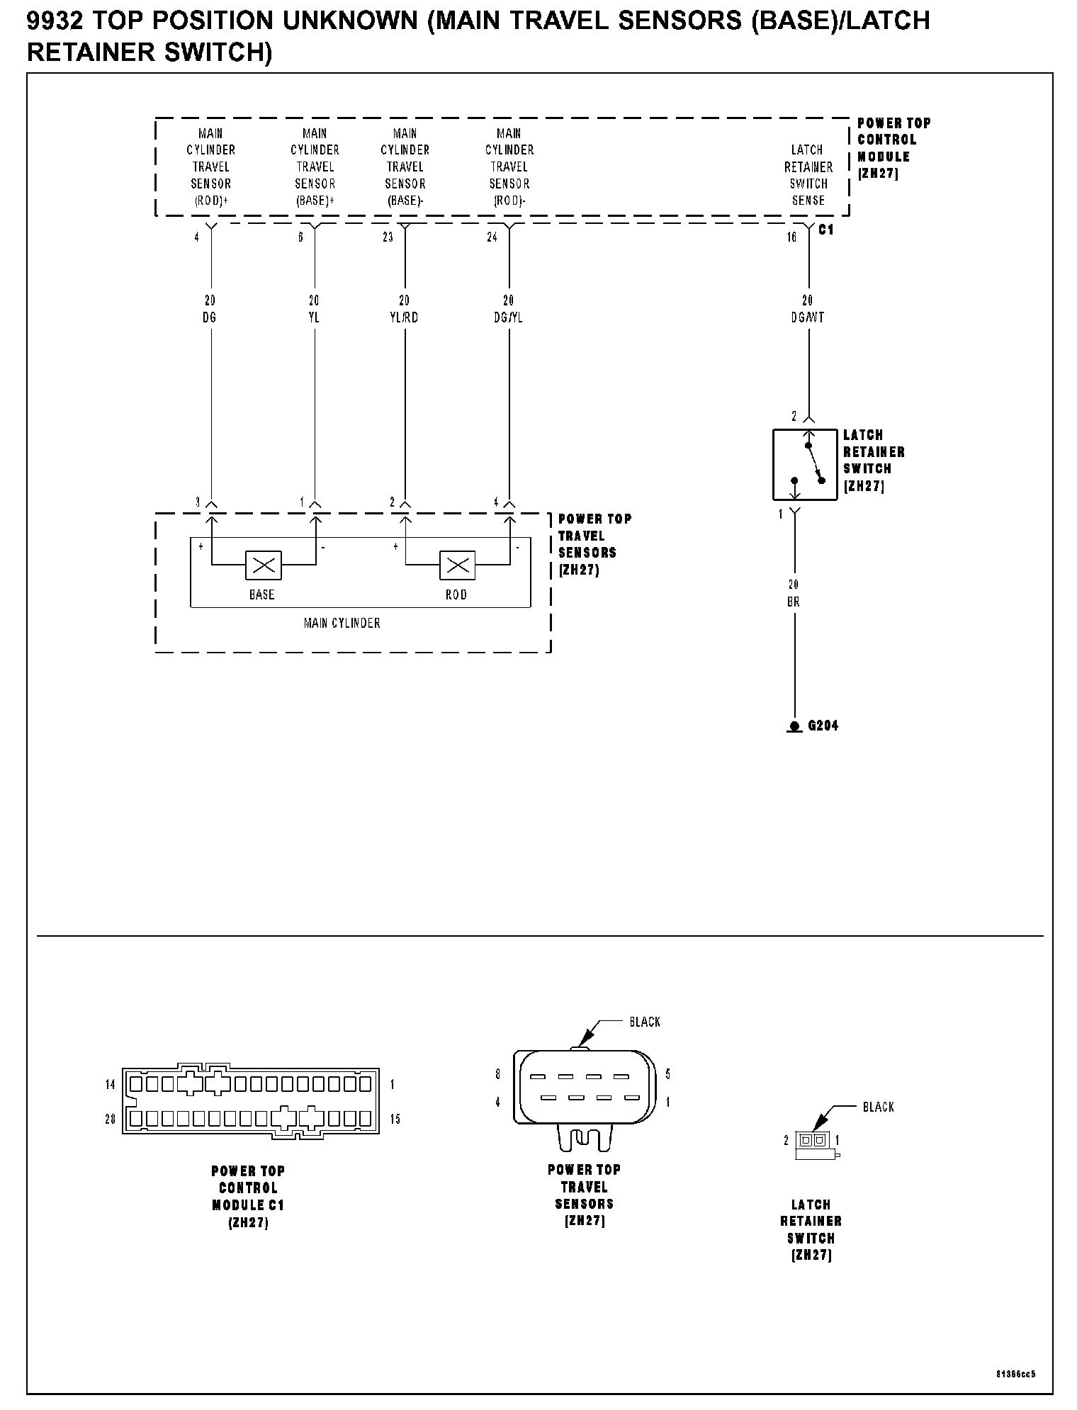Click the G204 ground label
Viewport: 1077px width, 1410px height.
tap(823, 726)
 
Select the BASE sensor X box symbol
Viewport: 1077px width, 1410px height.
tap(264, 565)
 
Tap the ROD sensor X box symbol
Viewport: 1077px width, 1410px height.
tap(458, 565)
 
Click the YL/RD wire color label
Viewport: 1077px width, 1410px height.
tap(404, 317)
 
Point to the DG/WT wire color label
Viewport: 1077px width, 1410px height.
tap(808, 317)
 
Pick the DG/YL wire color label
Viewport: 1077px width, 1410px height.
tap(508, 317)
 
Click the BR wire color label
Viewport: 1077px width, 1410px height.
tap(794, 602)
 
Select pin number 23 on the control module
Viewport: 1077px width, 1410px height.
tap(388, 237)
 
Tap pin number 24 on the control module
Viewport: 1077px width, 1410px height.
tap(492, 237)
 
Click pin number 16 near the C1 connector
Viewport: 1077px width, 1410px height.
tap(792, 237)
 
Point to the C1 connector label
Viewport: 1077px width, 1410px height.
tap(826, 230)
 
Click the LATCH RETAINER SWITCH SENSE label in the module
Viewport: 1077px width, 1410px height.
tap(808, 175)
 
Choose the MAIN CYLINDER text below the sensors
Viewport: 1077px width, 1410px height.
tap(342, 623)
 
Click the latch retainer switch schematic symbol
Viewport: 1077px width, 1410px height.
tap(805, 464)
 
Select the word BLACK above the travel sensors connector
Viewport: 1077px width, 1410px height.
tap(645, 1022)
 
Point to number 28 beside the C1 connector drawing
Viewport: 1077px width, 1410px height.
tap(111, 1119)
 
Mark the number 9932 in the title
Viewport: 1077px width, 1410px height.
tap(55, 22)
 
